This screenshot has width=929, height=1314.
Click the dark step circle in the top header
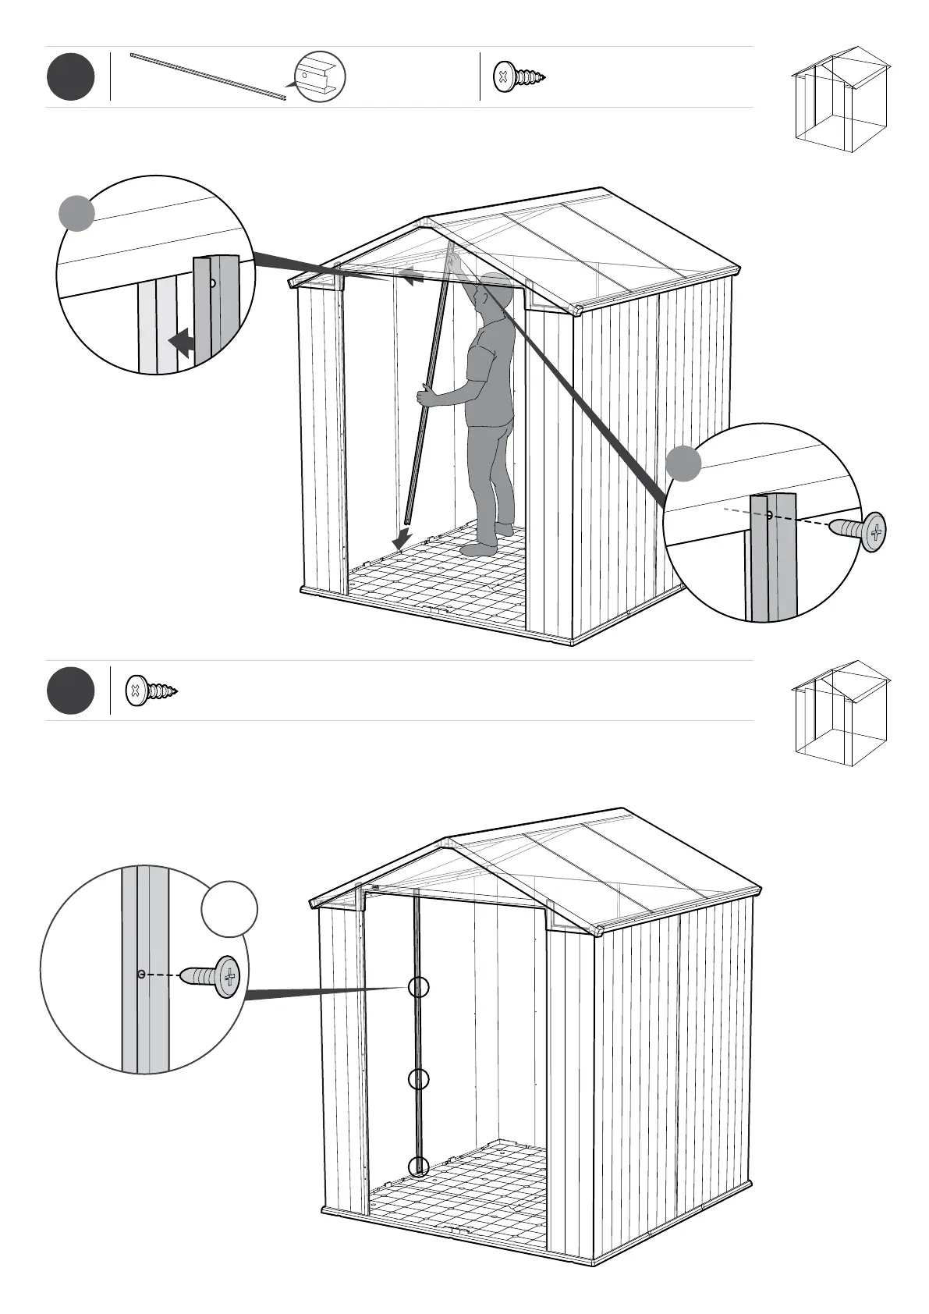click(70, 76)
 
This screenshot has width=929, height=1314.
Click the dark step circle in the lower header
click(70, 691)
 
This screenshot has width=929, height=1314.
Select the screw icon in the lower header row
click(151, 691)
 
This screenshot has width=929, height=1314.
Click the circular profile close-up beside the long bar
click(320, 76)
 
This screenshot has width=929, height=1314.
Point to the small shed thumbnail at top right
click(841, 99)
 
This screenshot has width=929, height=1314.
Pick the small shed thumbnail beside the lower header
click(841, 712)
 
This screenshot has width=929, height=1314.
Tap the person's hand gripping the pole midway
click(425, 396)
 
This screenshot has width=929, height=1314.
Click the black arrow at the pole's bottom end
click(402, 538)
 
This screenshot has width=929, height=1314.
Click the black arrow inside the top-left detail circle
click(182, 342)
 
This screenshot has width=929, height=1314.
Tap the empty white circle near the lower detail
click(229, 909)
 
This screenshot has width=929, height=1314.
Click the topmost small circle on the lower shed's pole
click(419, 988)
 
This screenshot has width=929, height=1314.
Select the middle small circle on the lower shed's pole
click(419, 1079)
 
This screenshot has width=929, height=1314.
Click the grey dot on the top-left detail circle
click(77, 213)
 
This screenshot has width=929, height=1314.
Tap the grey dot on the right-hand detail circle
click(684, 463)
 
